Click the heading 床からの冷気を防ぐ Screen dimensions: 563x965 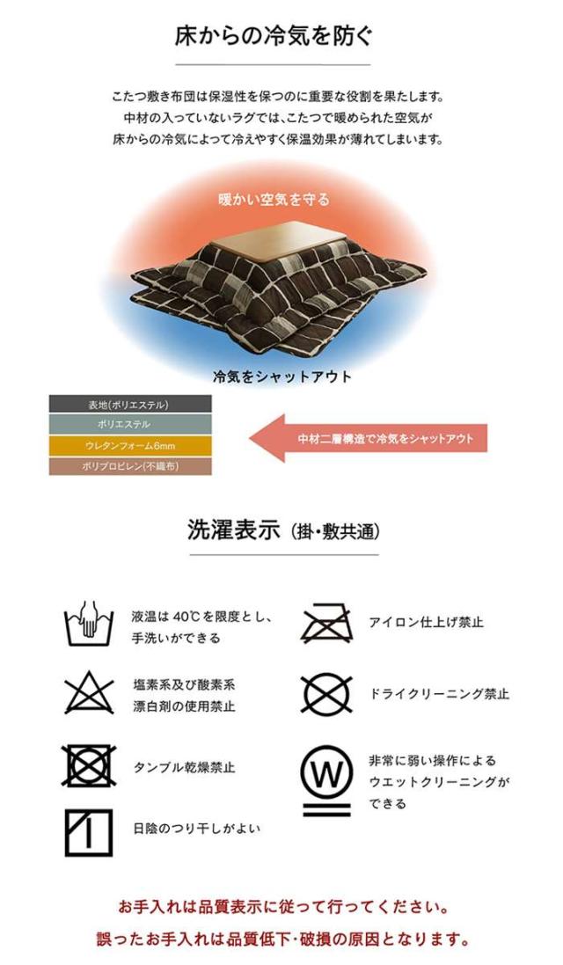coord(274,36)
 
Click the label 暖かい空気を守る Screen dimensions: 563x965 coord(274,200)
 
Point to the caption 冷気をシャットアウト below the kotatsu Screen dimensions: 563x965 coord(281,376)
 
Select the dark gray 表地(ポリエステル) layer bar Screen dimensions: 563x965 coord(130,405)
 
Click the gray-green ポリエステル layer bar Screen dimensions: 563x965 coord(130,425)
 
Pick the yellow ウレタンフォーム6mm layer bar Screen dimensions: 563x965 coord(130,446)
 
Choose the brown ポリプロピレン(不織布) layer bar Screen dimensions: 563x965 coord(130,466)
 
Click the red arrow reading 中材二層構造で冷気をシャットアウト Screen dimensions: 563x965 coord(368,438)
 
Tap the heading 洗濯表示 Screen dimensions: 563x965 coord(234,530)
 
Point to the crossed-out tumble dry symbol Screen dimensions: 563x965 coord(89,766)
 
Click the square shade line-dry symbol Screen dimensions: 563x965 coord(89,833)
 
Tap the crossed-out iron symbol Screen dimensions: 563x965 coord(325,625)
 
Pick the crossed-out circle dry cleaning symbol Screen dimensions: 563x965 coord(326,694)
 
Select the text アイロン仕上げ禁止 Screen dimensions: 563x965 coord(426,622)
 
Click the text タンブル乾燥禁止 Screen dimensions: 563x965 coord(184,767)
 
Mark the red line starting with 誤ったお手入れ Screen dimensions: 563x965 coord(282,939)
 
